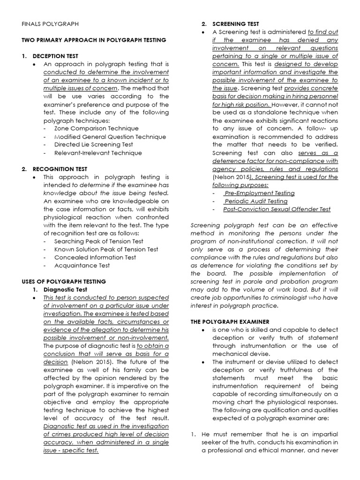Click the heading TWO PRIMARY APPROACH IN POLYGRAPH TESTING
[94, 40]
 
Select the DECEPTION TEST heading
[55, 56]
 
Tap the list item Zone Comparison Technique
[97, 128]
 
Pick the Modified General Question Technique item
[110, 136]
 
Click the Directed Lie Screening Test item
[94, 144]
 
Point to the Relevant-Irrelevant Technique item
[98, 153]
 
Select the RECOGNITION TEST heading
[60, 169]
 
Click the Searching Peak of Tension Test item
[99, 241]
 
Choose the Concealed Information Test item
[95, 257]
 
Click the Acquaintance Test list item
[82, 265]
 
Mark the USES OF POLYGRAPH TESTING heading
[64, 281]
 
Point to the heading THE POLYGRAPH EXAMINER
[230, 322]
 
